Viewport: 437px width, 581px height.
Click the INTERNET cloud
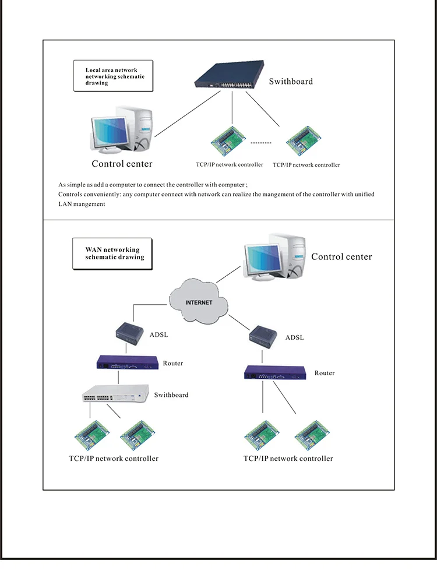(198, 302)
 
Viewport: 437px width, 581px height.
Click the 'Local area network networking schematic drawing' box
(113, 76)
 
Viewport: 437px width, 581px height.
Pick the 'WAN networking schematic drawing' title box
(112, 253)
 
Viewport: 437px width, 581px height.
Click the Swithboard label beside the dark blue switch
(291, 82)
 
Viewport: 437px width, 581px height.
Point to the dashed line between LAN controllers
(260, 142)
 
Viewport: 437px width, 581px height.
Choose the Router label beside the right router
(325, 373)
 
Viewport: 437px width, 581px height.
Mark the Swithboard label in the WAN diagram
(171, 395)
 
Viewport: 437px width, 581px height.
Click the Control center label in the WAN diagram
(341, 257)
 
